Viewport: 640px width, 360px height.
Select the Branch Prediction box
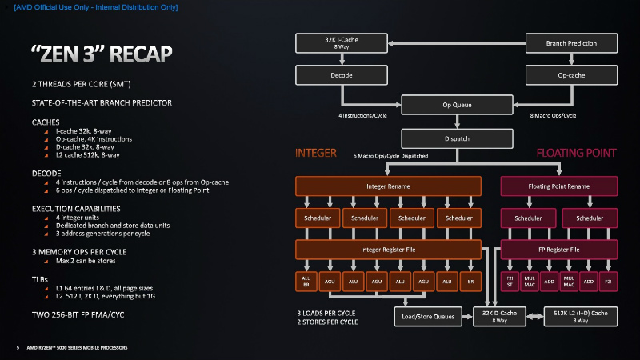(570, 42)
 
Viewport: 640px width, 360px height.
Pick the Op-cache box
(570, 75)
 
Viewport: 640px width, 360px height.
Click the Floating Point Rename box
(559, 186)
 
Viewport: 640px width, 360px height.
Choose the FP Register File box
(559, 250)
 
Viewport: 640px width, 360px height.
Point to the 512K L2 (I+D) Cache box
(581, 317)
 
